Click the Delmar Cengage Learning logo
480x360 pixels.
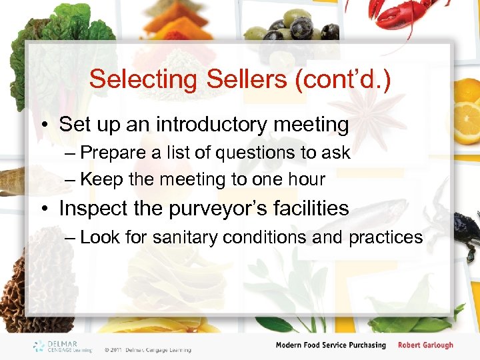point(64,346)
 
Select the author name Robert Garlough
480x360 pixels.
point(425,345)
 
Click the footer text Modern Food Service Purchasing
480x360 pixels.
point(331,345)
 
